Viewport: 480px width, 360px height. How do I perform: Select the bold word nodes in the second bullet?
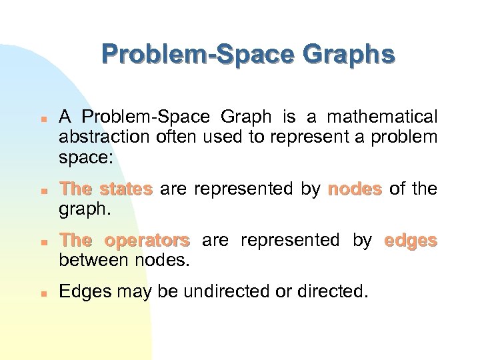[x=355, y=189]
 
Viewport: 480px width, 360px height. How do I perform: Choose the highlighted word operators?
[x=147, y=240]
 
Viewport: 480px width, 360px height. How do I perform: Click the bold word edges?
[x=411, y=240]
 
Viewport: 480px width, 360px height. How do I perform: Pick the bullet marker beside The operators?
[x=41, y=241]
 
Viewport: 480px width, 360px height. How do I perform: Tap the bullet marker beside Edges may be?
[x=41, y=293]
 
